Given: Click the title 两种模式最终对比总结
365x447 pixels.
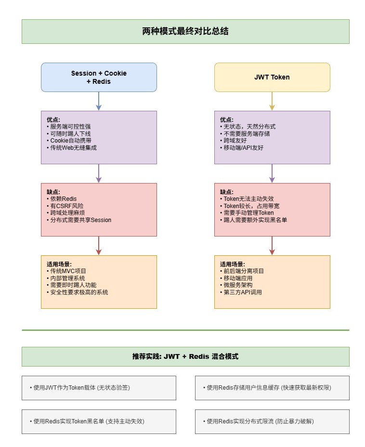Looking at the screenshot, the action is [x=185, y=31].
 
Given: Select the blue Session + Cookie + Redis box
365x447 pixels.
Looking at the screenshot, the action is [x=99, y=77].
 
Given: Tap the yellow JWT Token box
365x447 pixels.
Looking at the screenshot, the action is [x=272, y=77].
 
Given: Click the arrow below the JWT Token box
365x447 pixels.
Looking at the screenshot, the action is [x=272, y=101].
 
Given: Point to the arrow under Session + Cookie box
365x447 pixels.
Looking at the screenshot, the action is [x=99, y=101].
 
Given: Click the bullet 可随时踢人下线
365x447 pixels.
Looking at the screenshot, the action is [x=69, y=134].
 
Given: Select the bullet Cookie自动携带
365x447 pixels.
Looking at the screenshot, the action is [x=69, y=141].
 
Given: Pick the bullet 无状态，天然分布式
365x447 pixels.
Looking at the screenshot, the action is [x=248, y=127].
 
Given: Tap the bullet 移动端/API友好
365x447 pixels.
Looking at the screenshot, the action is [x=242, y=148].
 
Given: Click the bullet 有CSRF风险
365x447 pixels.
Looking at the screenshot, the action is [x=65, y=206].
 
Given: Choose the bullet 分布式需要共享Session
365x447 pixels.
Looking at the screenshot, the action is [x=79, y=220].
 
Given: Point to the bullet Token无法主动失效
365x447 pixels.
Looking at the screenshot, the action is [x=247, y=199].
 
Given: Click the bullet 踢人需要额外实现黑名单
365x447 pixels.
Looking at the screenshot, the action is [x=253, y=220].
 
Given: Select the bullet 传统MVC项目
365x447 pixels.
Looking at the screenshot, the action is [x=66, y=271].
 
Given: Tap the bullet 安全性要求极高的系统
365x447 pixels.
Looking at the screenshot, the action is [x=77, y=292].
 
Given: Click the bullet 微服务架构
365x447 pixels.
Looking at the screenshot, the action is [x=236, y=285].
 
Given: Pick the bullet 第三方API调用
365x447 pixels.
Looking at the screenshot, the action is [x=241, y=292].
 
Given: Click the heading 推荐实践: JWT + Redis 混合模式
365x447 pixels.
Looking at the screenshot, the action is [x=185, y=356].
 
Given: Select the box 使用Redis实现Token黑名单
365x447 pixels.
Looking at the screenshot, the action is [x=99, y=421].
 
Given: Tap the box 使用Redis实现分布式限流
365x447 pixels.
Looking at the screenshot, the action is [x=272, y=421].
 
